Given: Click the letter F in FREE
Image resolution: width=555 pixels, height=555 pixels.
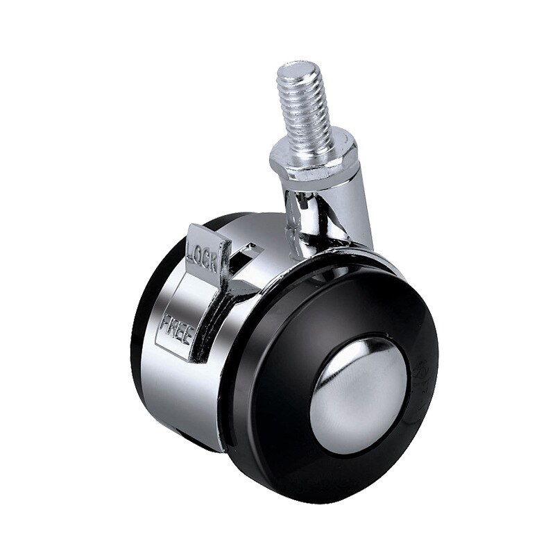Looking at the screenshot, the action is [165, 322].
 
